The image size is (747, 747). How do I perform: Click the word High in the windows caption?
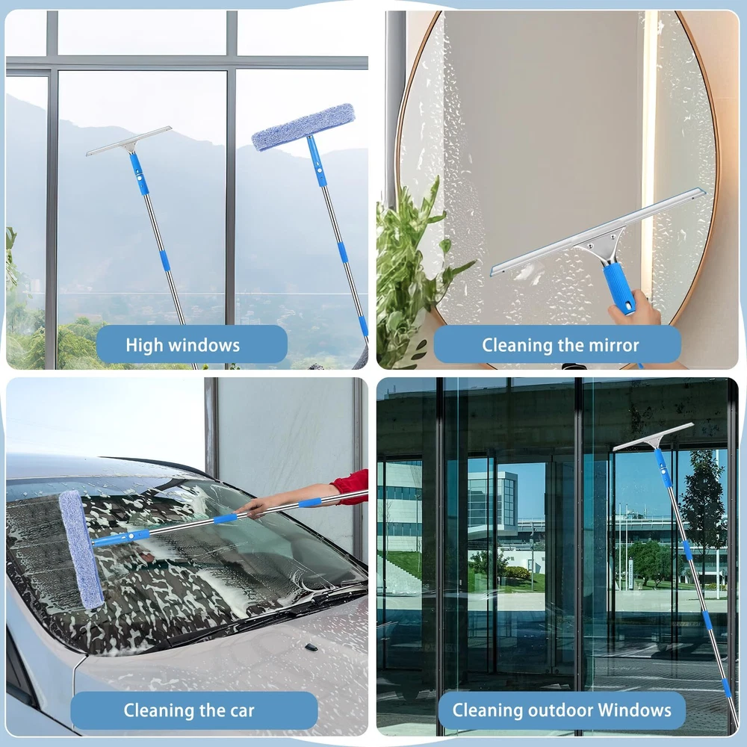coord(145,345)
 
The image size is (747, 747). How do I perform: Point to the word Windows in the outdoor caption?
coord(634,710)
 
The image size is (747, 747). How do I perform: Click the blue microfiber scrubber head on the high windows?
coord(303,127)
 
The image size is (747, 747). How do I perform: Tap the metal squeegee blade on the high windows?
coord(128,140)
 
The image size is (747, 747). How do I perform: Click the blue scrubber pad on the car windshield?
coord(81,549)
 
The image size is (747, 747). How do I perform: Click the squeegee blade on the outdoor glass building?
coord(653,436)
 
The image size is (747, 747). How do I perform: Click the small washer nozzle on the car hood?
coord(311,647)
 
